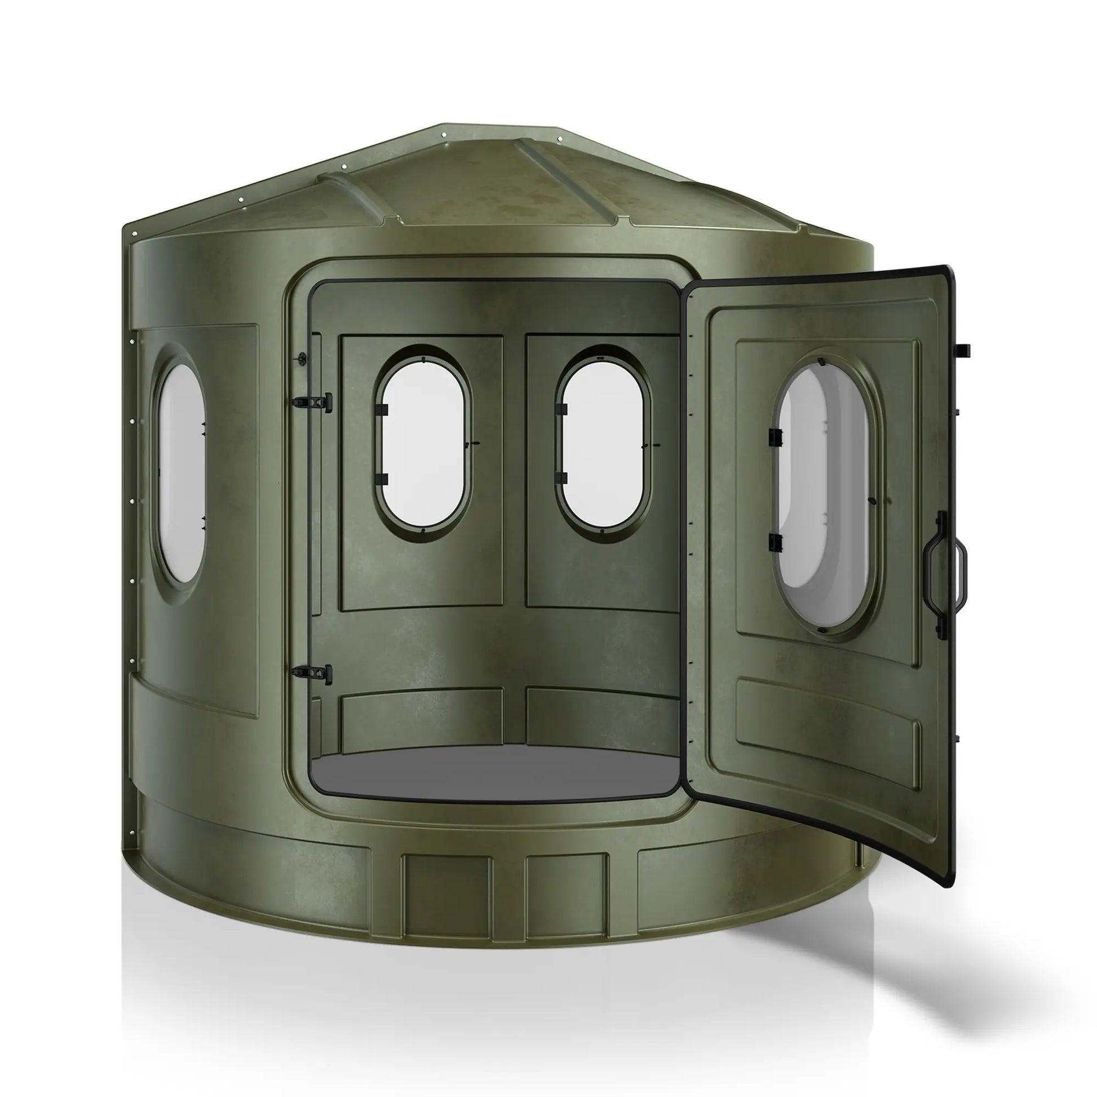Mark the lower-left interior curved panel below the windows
pos(421,719)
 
